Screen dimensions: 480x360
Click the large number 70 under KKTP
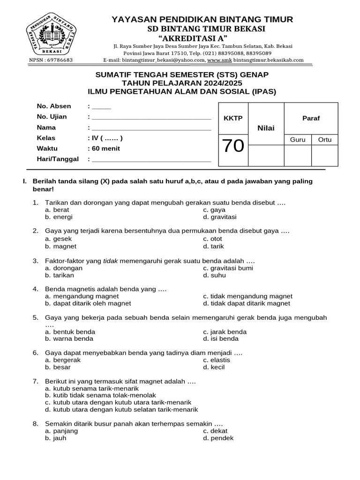coord(233,147)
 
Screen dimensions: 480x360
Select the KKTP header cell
coord(233,118)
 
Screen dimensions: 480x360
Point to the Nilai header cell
coord(266,128)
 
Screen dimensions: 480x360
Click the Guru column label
coord(298,140)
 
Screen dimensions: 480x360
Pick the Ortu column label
coord(324,140)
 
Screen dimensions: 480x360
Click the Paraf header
coord(311,118)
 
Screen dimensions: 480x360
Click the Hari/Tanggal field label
coord(58,159)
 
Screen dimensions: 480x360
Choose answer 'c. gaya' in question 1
coord(214,210)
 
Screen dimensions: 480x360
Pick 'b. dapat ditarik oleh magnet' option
coord(88,303)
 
